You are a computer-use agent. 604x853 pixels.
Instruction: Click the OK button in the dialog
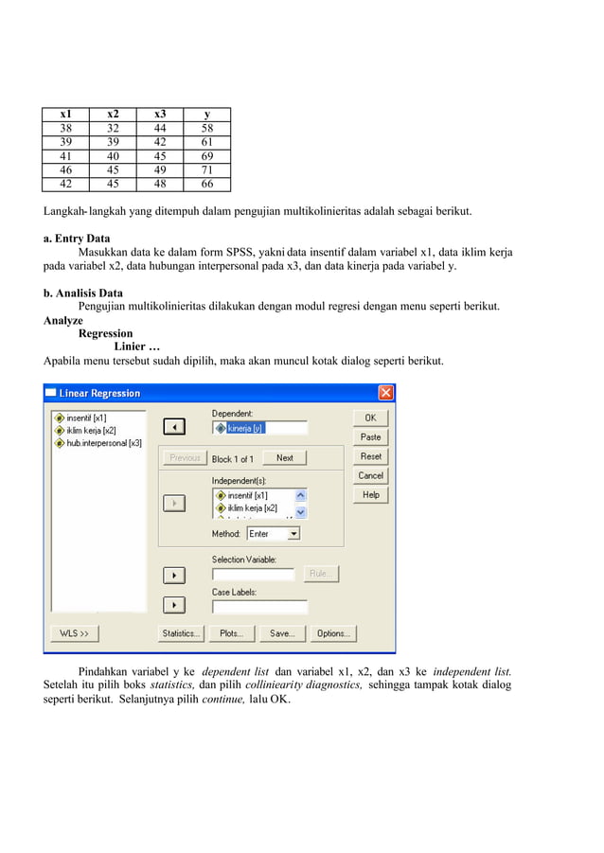pos(370,418)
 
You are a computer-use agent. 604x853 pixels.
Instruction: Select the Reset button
pos(370,456)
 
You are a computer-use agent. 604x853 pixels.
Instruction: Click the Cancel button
pos(370,475)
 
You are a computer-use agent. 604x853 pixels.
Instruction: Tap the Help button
pos(370,494)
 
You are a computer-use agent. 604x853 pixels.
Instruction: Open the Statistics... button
pos(180,633)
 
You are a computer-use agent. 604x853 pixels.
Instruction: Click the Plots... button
pos(231,633)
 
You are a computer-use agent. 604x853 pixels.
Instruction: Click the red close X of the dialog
pos(385,393)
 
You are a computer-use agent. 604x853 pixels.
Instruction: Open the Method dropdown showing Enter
pos(273,534)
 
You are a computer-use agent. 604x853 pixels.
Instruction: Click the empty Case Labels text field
pos(259,607)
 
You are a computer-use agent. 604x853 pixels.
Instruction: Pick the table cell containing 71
pos(207,171)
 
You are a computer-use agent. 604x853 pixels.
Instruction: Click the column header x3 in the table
pos(160,115)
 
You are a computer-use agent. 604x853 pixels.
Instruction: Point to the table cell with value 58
pos(207,128)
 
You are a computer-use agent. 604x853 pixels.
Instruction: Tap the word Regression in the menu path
pos(105,333)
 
